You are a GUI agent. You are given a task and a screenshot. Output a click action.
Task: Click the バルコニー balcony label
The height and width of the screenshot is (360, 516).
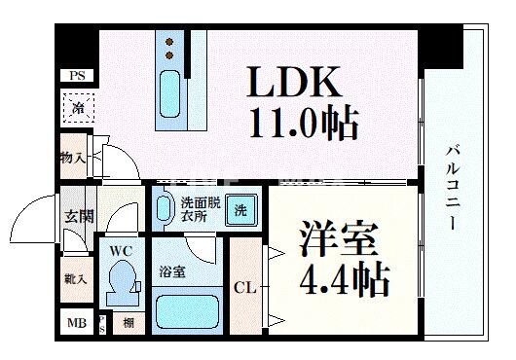click(x=454, y=185)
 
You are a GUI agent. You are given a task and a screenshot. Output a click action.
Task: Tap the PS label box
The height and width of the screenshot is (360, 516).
click(x=76, y=76)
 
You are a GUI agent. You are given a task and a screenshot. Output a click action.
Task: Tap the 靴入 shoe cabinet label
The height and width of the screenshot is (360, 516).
click(x=76, y=280)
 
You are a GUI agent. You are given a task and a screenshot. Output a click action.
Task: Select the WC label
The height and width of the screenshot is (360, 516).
click(x=120, y=251)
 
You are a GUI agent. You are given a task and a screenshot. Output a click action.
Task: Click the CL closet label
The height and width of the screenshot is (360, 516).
click(x=245, y=287)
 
